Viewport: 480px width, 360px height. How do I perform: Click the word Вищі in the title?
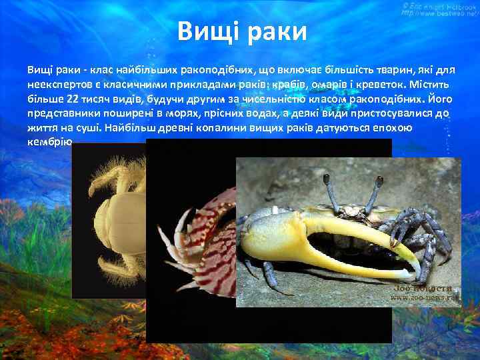coord(207,31)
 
